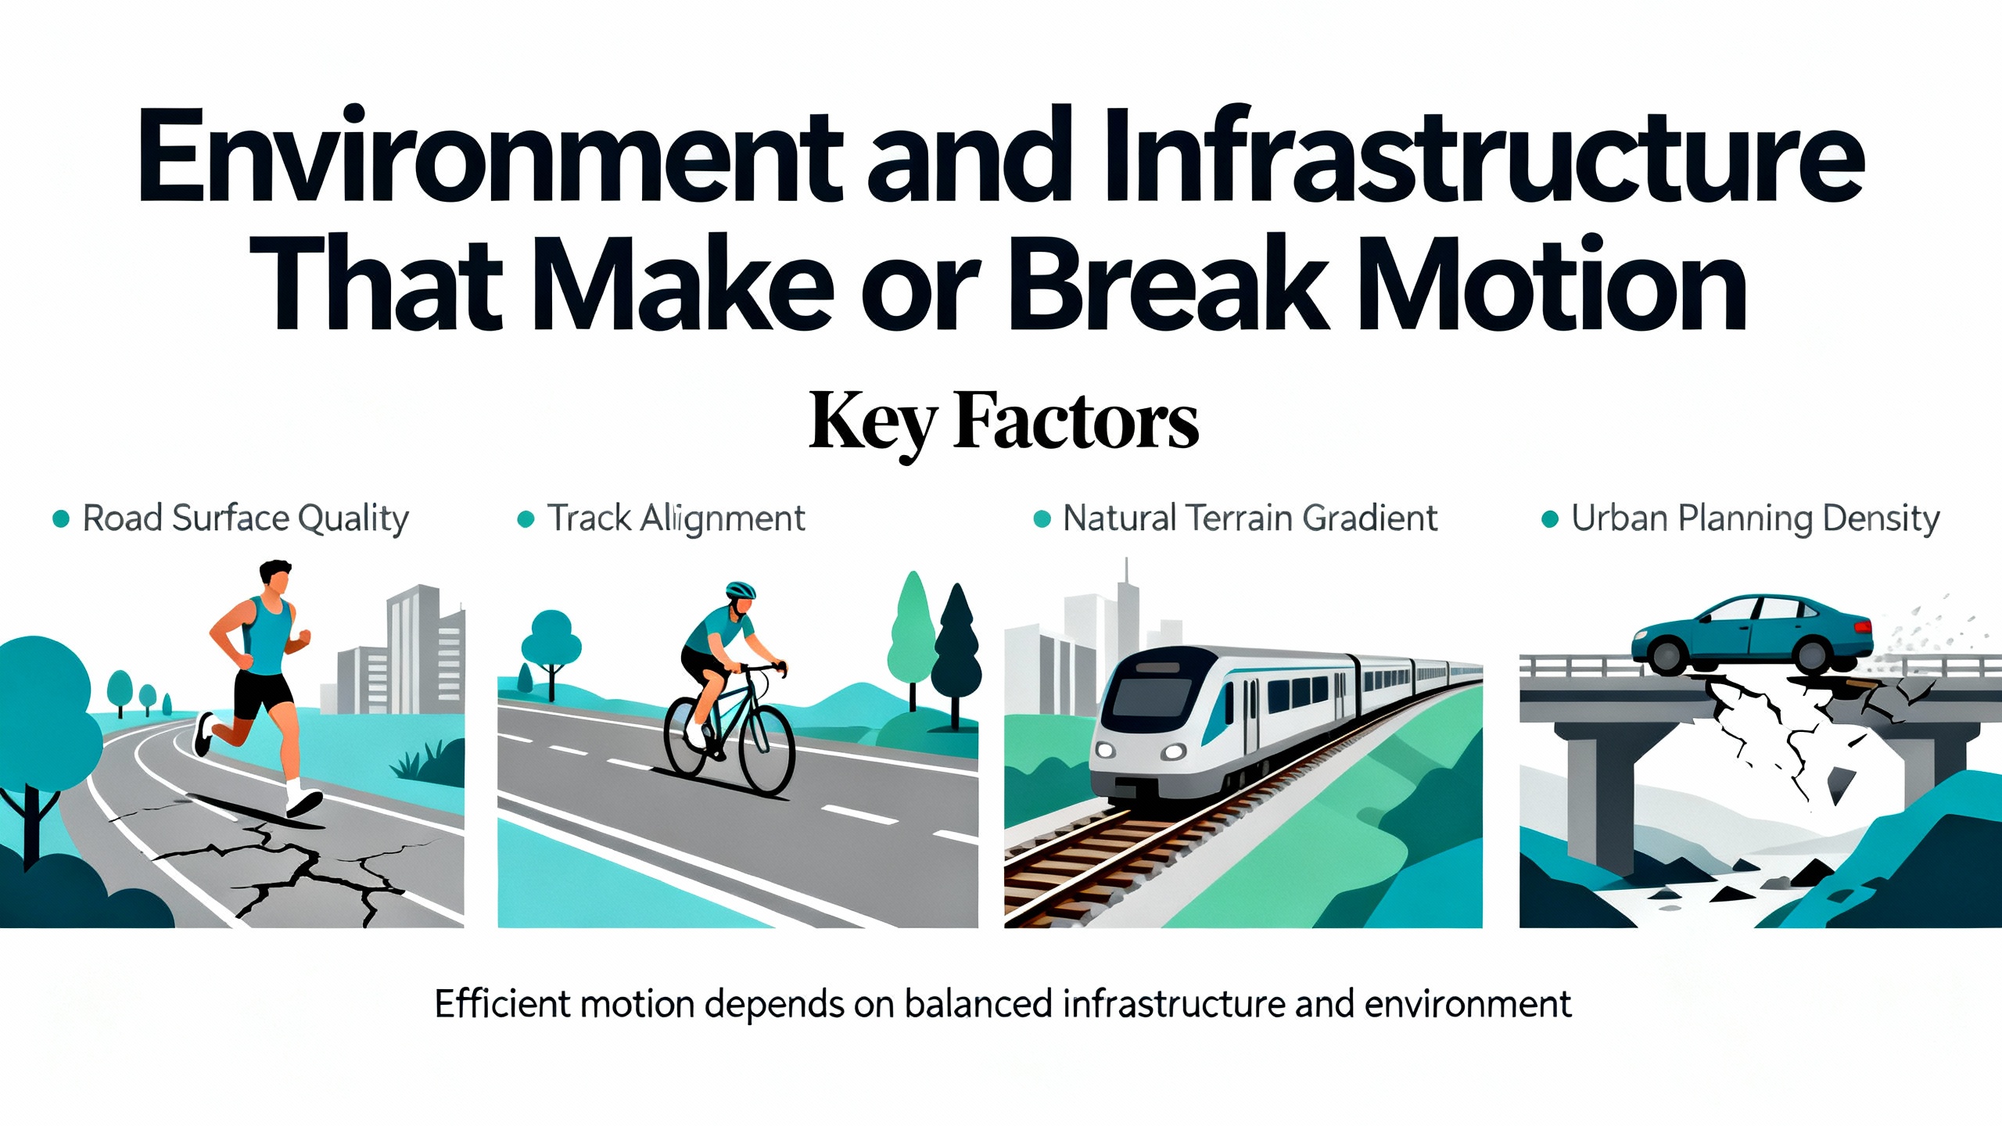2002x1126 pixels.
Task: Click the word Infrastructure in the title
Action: (x=1484, y=155)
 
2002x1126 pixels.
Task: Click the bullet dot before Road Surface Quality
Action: (x=61, y=518)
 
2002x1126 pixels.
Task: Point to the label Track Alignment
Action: (x=676, y=518)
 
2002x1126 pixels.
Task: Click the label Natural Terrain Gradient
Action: (x=1250, y=518)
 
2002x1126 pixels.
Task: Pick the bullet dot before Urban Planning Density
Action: (x=1549, y=519)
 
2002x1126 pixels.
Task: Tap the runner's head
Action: (x=275, y=579)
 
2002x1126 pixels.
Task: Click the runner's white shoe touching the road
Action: (x=303, y=801)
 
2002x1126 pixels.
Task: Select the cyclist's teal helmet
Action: (x=741, y=590)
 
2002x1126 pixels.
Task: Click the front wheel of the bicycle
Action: (x=766, y=751)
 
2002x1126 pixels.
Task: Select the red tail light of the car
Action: (x=1863, y=628)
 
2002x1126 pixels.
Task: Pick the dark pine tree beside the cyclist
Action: (x=956, y=653)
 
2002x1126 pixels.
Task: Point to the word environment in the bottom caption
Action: (x=1468, y=1005)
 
